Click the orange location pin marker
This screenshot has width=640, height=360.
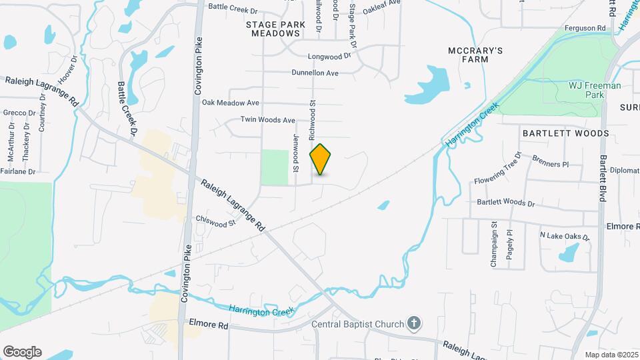pyautogui.click(x=321, y=159)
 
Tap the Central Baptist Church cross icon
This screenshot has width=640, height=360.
pyautogui.click(x=414, y=325)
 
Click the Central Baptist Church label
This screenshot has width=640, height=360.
pyautogui.click(x=359, y=325)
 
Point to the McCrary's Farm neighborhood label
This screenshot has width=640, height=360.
pyautogui.click(x=475, y=55)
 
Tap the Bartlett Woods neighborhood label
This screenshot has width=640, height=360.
pyautogui.click(x=565, y=133)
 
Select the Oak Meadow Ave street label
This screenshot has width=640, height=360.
pyautogui.click(x=230, y=103)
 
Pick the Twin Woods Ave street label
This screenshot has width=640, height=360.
pyautogui.click(x=268, y=120)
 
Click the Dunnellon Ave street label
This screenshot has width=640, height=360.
pyautogui.click(x=315, y=73)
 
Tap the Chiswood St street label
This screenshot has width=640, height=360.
pyautogui.click(x=216, y=221)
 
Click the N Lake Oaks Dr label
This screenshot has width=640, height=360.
pyautogui.click(x=565, y=236)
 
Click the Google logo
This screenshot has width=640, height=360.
pyautogui.click(x=22, y=352)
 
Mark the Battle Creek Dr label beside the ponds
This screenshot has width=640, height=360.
pyautogui.click(x=127, y=109)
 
